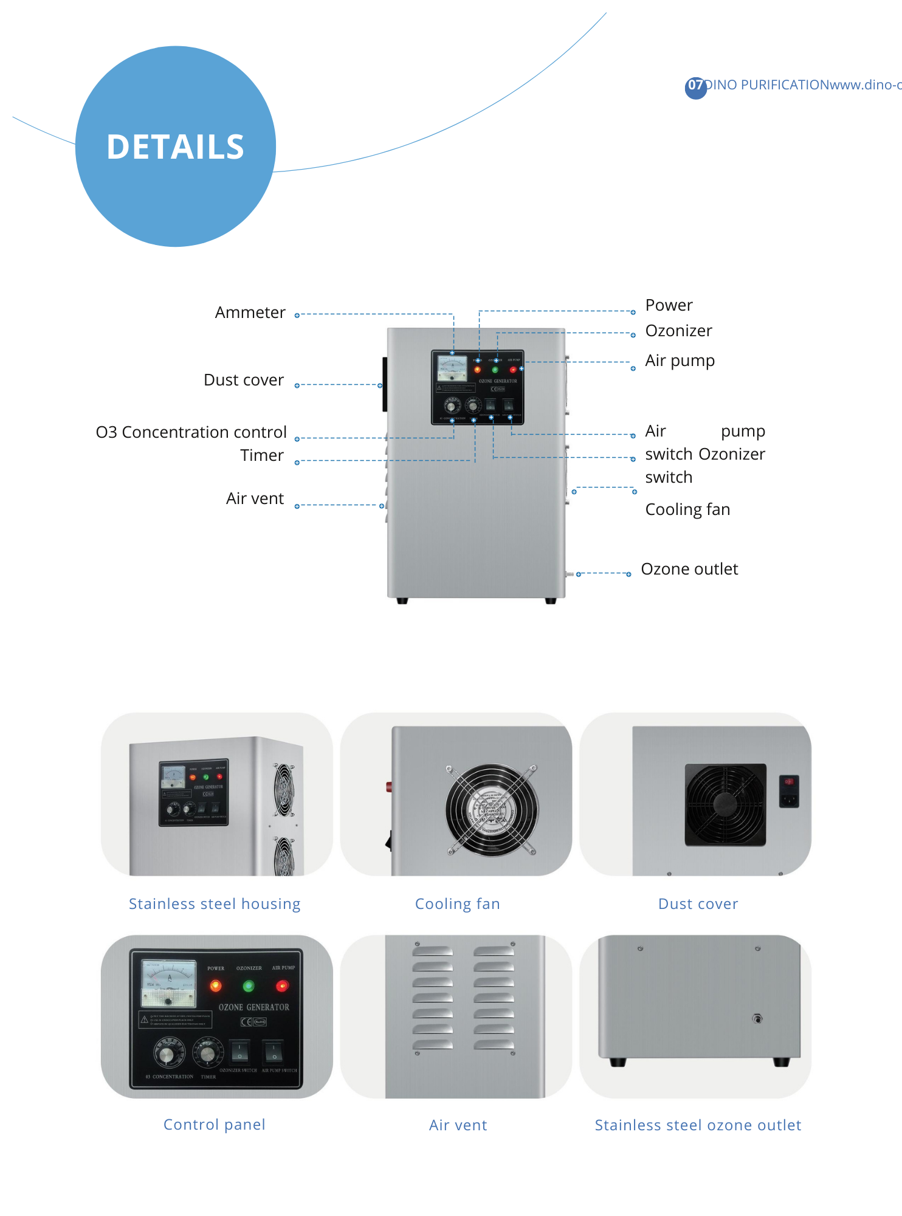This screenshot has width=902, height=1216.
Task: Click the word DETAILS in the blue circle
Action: [x=175, y=147]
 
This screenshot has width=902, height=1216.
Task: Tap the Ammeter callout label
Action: [x=250, y=313]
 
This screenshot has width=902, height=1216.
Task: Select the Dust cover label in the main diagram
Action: [x=243, y=380]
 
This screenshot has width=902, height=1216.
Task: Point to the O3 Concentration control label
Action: [x=191, y=432]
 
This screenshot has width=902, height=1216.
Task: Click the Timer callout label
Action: [x=261, y=455]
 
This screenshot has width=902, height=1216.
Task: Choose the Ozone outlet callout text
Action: [x=689, y=569]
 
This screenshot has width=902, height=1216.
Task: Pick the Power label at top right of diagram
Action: [x=669, y=305]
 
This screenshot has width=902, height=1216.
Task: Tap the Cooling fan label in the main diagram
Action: [x=687, y=510]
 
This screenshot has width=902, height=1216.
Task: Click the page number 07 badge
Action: [x=695, y=86]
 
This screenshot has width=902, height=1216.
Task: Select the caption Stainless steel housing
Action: [x=215, y=904]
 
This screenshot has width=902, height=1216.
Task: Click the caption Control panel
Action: [x=215, y=1125]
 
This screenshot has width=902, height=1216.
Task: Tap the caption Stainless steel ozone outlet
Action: [x=698, y=1125]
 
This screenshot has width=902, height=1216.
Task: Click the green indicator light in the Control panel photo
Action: [x=249, y=986]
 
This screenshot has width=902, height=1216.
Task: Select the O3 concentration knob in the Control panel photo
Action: [x=168, y=1054]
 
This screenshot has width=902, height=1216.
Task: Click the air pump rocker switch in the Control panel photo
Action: [x=274, y=1051]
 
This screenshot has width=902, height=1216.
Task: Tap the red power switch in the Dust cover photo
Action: [x=788, y=782]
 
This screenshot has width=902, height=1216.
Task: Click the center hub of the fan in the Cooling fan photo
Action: [x=491, y=810]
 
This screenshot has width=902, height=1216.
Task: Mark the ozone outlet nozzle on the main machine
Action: [x=569, y=574]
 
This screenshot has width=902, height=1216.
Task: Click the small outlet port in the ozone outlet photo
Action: [x=757, y=1018]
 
